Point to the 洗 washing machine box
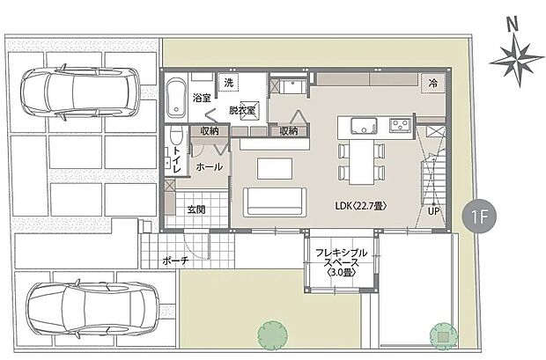(x=229, y=83)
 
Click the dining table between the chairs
(x=362, y=161)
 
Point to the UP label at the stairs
(x=432, y=211)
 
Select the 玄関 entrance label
(x=196, y=209)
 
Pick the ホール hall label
(x=209, y=165)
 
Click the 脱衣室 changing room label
(x=241, y=111)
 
